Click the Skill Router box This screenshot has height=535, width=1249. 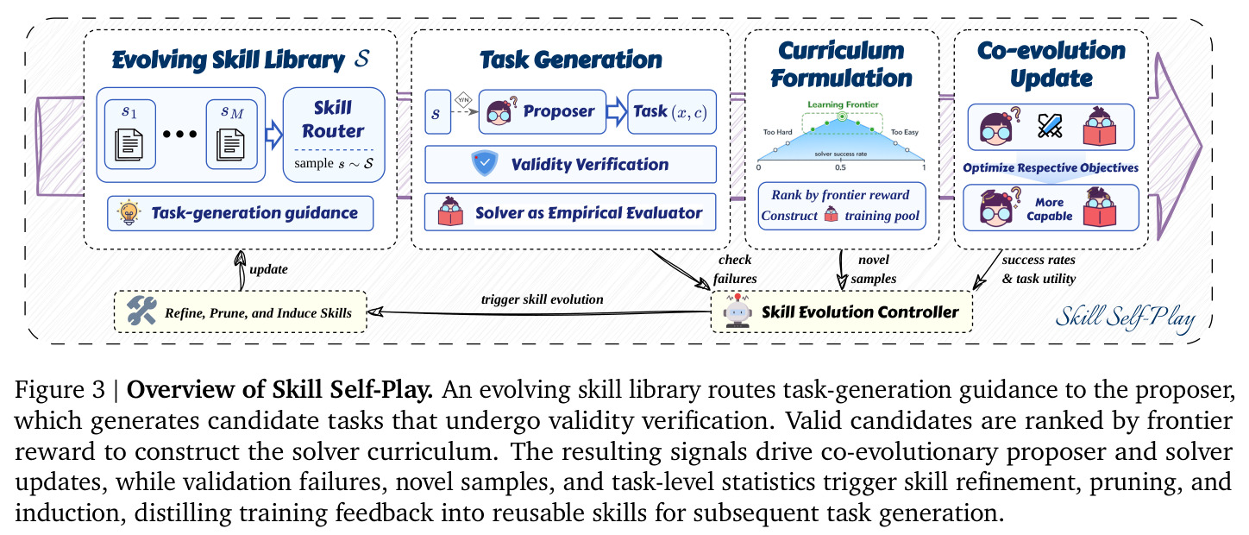pyautogui.click(x=334, y=135)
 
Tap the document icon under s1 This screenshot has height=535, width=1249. pyautogui.click(x=129, y=144)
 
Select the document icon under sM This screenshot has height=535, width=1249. pyautogui.click(x=231, y=144)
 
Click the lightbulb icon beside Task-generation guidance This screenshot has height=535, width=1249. pyautogui.click(x=129, y=213)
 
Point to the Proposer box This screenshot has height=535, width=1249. pyautogui.click(x=542, y=111)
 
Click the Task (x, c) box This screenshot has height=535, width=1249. pyautogui.click(x=671, y=111)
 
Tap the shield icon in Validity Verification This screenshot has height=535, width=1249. pyautogui.click(x=485, y=163)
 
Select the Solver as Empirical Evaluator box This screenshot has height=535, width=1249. pyautogui.click(x=570, y=212)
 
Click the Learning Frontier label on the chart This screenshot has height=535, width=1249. pyautogui.click(x=843, y=104)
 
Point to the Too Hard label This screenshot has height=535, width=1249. pyautogui.click(x=777, y=132)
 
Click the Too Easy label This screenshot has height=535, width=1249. pyautogui.click(x=905, y=132)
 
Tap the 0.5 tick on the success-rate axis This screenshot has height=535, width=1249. pyautogui.click(x=840, y=167)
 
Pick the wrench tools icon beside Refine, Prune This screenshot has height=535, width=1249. pyautogui.click(x=141, y=311)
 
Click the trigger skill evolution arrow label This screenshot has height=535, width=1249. pyautogui.click(x=542, y=299)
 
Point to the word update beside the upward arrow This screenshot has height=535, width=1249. pyautogui.click(x=269, y=269)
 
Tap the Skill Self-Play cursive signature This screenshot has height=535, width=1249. pyautogui.click(x=1125, y=318)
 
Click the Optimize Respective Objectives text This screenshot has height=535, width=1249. pyautogui.click(x=1051, y=168)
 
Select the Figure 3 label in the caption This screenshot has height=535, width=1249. pyautogui.click(x=60, y=389)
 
